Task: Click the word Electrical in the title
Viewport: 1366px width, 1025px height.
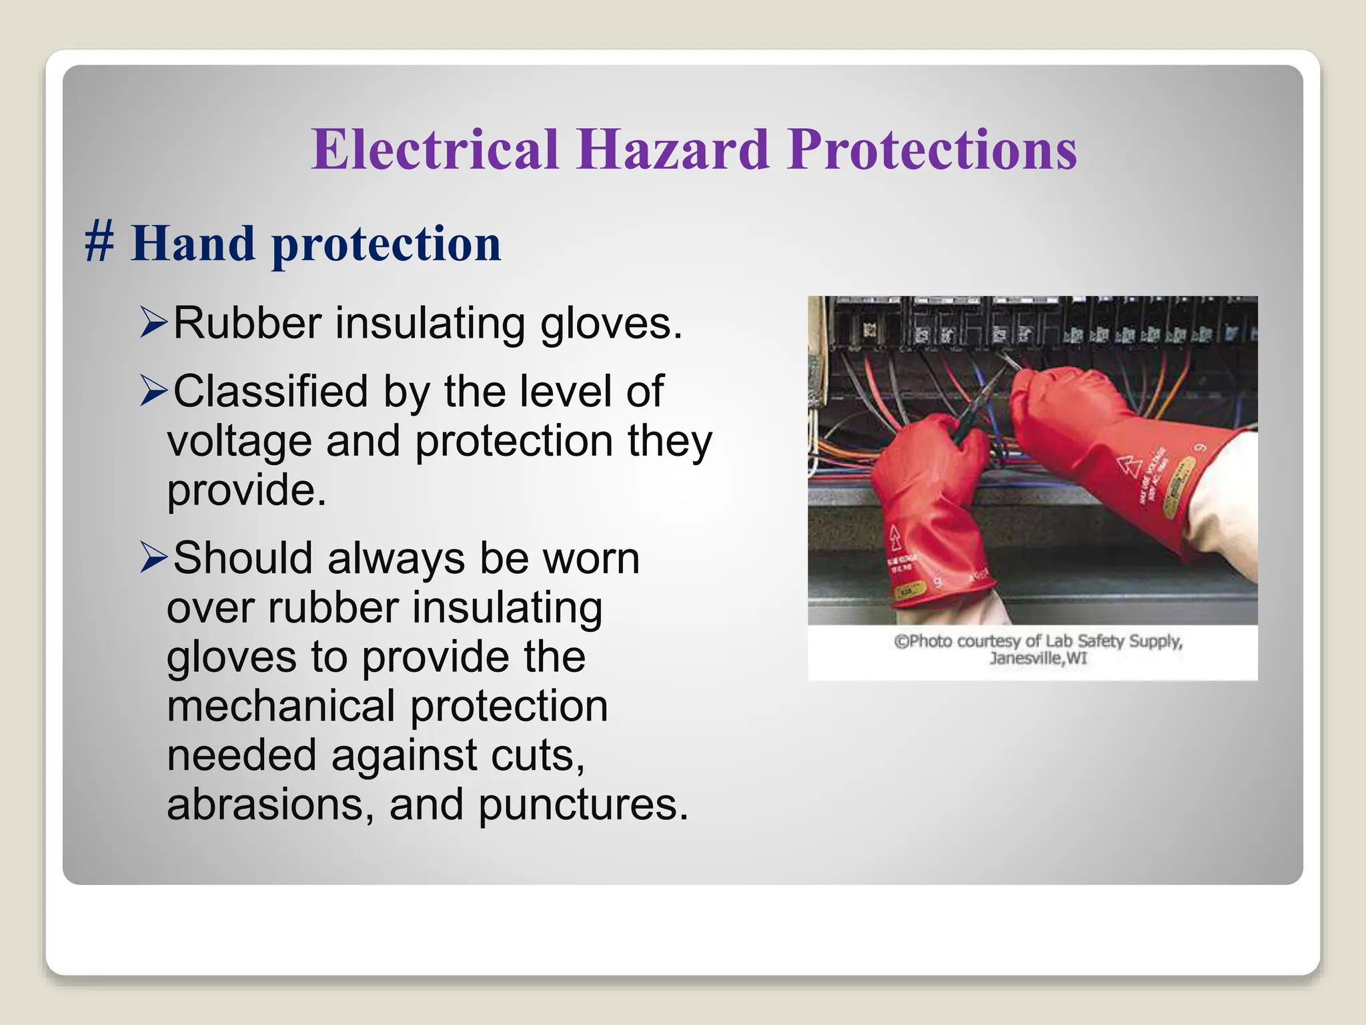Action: tap(434, 149)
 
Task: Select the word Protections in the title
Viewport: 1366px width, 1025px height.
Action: tap(932, 149)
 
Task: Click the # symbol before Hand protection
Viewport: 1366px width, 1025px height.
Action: tap(99, 243)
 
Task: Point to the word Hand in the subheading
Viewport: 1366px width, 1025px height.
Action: tap(193, 243)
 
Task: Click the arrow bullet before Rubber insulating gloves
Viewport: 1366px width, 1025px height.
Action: tap(153, 323)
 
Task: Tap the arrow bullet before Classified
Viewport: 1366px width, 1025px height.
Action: tap(153, 391)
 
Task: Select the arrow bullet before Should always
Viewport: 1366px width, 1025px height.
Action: tap(153, 558)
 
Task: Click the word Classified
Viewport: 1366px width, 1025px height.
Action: tap(270, 391)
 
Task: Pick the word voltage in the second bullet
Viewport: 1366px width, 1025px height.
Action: tap(239, 442)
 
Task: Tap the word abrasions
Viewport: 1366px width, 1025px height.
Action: tap(270, 805)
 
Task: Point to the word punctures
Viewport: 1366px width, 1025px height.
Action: tap(582, 805)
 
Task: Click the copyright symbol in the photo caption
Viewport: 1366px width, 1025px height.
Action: tap(901, 641)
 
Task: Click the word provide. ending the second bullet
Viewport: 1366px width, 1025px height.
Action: tap(246, 491)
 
